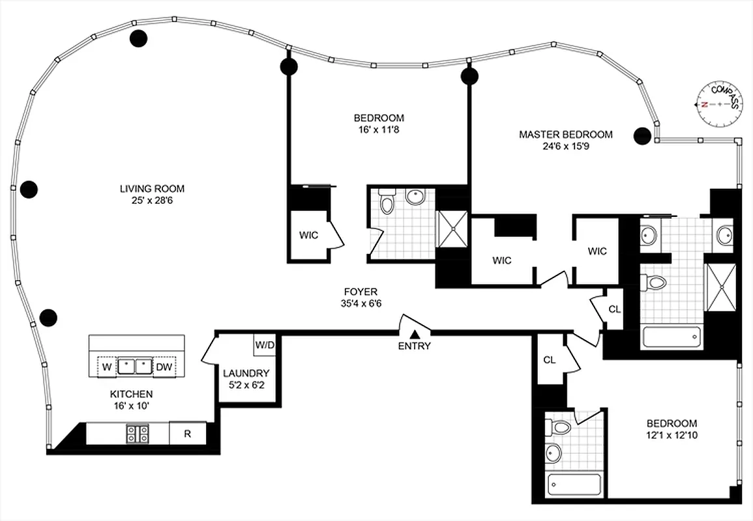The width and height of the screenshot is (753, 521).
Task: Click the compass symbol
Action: (719, 104)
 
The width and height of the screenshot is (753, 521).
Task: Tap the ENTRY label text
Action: (414, 346)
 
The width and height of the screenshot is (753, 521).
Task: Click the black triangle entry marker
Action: (414, 334)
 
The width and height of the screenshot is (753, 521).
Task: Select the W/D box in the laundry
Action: (264, 344)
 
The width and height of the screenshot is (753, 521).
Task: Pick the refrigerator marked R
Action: (187, 434)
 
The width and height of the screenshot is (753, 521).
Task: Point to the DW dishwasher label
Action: (164, 367)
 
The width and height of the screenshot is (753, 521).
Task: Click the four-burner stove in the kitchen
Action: (137, 434)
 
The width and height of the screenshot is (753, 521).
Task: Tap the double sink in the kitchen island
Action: (135, 367)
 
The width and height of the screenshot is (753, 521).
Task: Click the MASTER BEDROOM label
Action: (565, 135)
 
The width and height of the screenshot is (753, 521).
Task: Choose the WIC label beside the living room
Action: (308, 235)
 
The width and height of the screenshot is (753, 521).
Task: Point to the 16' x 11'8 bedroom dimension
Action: (379, 129)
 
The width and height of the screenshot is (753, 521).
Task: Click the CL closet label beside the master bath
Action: (614, 309)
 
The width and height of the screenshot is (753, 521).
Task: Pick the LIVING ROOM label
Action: (152, 189)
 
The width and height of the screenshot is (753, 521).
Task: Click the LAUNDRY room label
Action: (246, 373)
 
